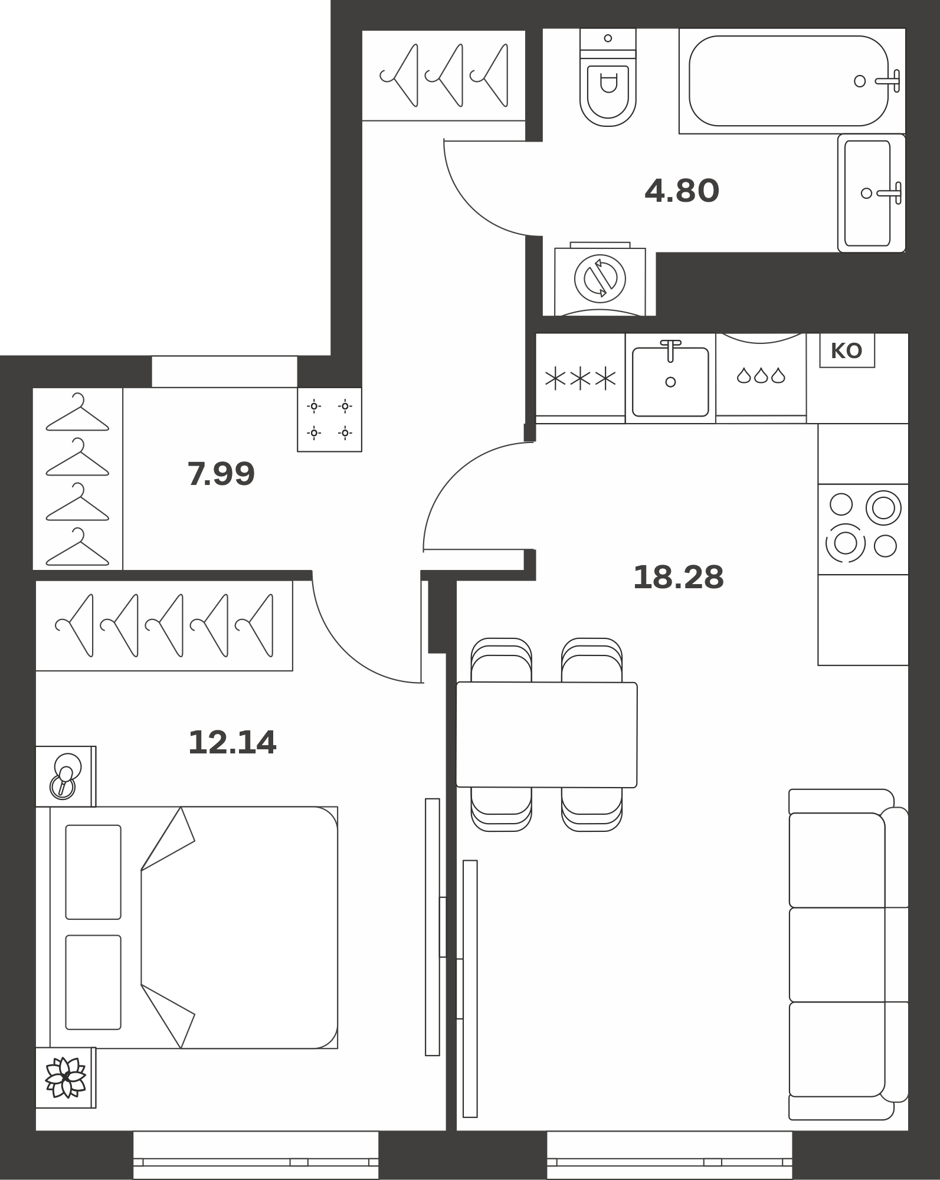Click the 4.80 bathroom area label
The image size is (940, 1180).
click(x=682, y=191)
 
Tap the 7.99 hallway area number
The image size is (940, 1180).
click(x=221, y=474)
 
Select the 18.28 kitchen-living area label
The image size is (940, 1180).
click(x=678, y=577)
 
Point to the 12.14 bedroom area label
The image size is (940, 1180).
click(x=232, y=742)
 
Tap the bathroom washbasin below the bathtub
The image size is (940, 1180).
click(x=872, y=193)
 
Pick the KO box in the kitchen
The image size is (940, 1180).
click(x=847, y=351)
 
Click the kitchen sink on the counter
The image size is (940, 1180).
click(x=670, y=378)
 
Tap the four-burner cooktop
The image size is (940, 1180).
click(x=863, y=529)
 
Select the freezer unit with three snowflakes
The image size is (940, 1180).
click(x=581, y=378)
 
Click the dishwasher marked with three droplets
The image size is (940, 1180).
click(x=761, y=376)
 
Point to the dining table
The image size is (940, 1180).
click(x=547, y=735)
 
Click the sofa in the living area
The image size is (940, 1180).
click(x=848, y=954)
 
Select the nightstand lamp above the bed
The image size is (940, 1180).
click(x=65, y=776)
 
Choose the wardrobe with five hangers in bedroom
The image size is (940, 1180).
click(x=164, y=625)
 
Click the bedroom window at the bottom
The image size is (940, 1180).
click(x=256, y=1155)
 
